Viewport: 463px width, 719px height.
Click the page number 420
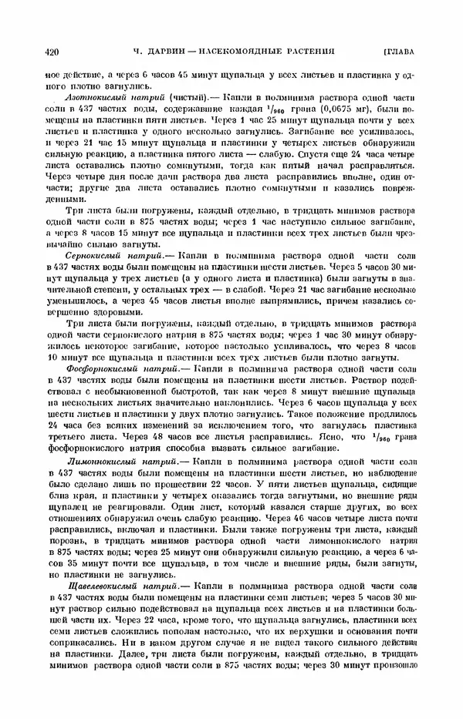53,52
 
